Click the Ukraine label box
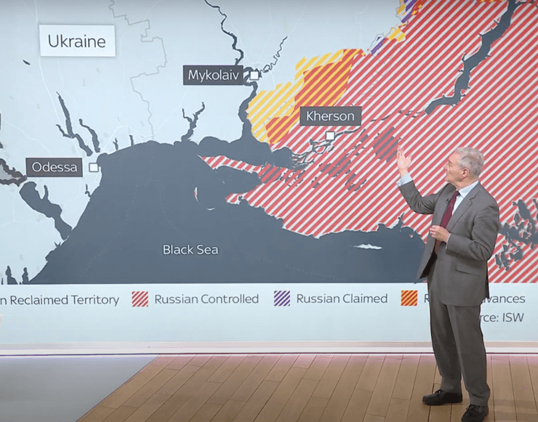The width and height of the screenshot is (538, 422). (x=77, y=41)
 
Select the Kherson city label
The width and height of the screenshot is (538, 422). (x=330, y=116)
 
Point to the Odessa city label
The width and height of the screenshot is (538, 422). (x=55, y=167)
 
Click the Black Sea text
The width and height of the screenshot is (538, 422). (x=190, y=250)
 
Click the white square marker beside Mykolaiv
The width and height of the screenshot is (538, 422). (x=254, y=75)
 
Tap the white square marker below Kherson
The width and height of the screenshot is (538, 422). (x=330, y=135)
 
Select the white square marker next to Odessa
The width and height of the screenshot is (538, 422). (x=93, y=167)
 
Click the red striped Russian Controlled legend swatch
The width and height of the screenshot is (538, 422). (x=140, y=299)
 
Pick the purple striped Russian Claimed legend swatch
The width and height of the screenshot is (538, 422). (x=281, y=299)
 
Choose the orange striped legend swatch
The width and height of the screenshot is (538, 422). (x=409, y=299)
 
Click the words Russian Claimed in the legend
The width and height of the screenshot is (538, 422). (x=342, y=299)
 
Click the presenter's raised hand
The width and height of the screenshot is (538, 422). (x=402, y=159)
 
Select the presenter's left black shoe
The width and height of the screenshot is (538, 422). (x=442, y=397)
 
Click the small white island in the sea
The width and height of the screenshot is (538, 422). (x=368, y=246)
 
